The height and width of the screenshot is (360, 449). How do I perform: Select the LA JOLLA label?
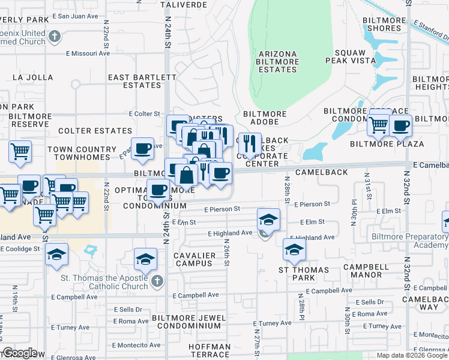click(x=32, y=77)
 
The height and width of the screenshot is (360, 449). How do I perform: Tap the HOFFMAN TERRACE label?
click(x=209, y=350)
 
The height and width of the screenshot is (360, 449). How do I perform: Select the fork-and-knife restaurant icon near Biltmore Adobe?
click(x=250, y=144)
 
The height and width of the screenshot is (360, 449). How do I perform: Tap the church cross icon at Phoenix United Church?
click(x=54, y=37)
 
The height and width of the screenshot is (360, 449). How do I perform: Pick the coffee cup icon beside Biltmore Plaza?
click(x=400, y=125)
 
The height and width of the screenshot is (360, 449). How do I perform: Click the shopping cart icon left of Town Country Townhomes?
click(x=20, y=151)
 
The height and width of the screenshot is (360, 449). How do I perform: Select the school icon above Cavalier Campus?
click(x=145, y=259)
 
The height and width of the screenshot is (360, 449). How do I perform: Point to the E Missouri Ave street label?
click(x=88, y=53)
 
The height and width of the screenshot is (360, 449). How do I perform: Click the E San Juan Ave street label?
click(x=74, y=16)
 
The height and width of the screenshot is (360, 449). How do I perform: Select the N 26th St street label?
click(x=227, y=254)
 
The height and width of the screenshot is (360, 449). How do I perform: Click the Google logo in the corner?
click(x=20, y=353)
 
